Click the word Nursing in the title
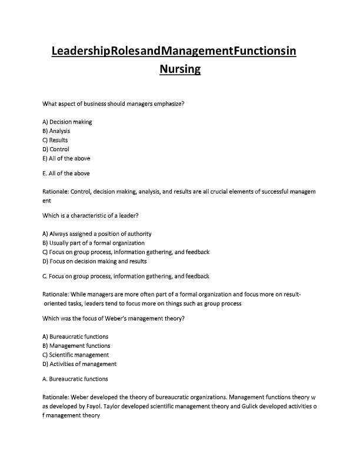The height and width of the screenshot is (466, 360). click(180, 70)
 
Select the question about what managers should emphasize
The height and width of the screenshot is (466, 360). click(115, 104)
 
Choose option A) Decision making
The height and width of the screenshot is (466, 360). click(68, 122)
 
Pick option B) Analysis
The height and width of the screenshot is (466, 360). click(56, 131)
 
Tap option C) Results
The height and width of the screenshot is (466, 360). click(55, 140)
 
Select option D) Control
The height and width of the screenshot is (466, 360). click(56, 149)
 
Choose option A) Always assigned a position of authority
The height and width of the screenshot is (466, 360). click(101, 234)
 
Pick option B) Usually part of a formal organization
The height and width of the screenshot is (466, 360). click(94, 242)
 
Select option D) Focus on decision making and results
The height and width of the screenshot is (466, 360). click(95, 261)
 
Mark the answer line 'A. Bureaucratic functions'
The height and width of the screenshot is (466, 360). click(75, 379)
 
